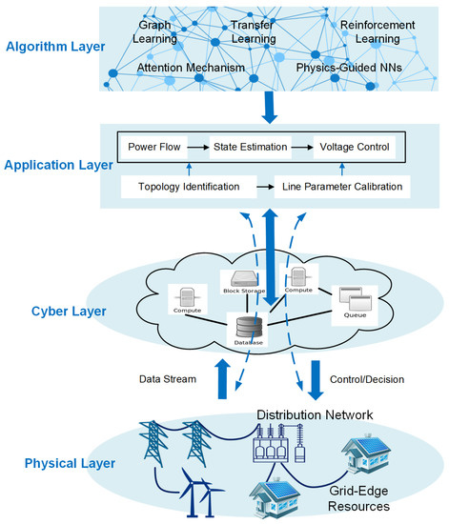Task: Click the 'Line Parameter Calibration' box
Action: tap(345, 187)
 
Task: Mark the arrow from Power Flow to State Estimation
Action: tap(198, 148)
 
